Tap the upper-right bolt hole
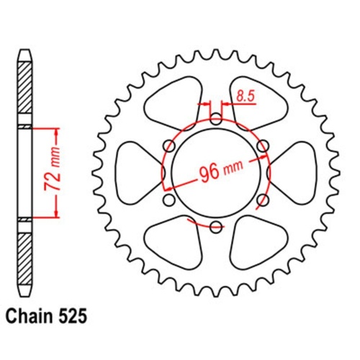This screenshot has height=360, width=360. (x=264, y=146)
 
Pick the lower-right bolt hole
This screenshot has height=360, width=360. (x=264, y=200)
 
